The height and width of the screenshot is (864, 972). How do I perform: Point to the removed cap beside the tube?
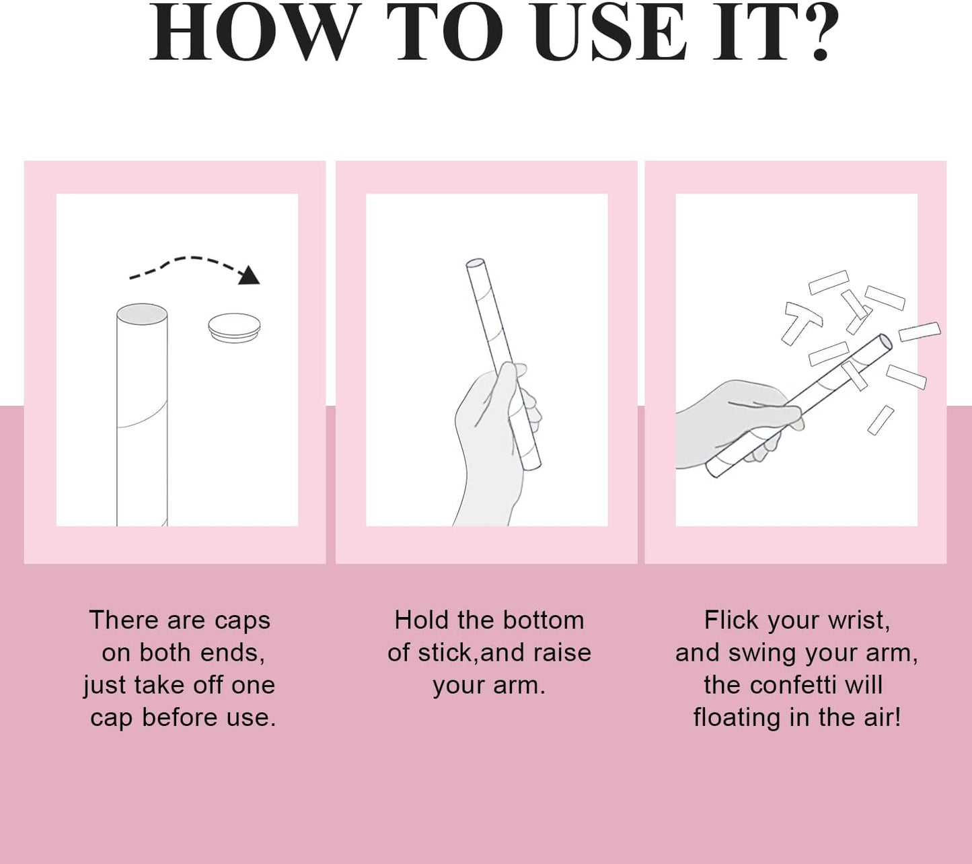coord(234,327)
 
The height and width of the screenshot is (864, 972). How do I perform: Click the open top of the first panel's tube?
coord(142,314)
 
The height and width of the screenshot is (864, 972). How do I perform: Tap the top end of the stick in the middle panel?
coord(475,264)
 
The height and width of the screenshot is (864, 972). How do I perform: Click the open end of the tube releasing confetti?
coord(886,341)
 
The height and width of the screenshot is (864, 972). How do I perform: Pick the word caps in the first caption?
coord(242,620)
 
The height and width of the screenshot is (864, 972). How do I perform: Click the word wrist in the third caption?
coord(859,621)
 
